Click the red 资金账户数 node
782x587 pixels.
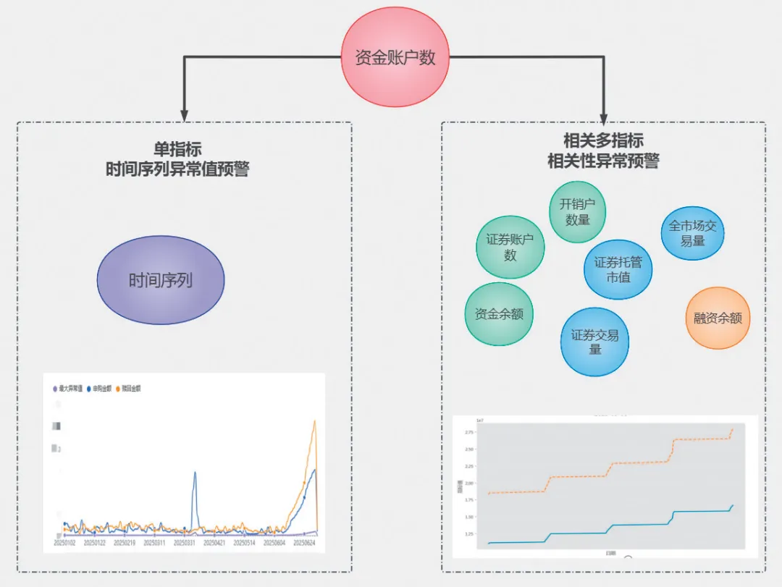coord(395,58)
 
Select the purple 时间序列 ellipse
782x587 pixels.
coord(161,280)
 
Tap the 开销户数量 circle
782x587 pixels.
coord(577,212)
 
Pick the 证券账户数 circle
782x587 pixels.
coord(510,247)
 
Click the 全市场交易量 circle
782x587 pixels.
coord(692,233)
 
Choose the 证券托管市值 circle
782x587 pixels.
coord(618,269)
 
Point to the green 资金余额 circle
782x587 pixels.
coord(499,314)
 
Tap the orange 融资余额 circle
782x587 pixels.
coord(718,318)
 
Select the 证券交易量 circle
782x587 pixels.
coord(594,342)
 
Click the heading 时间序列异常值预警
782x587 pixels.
coord(177,169)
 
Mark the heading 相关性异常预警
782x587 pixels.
coord(603,161)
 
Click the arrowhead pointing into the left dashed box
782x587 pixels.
coord(184,115)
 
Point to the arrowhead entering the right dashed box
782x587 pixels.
coord(604,119)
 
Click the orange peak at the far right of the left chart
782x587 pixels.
coord(314,421)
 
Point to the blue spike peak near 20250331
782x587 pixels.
coord(194,473)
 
